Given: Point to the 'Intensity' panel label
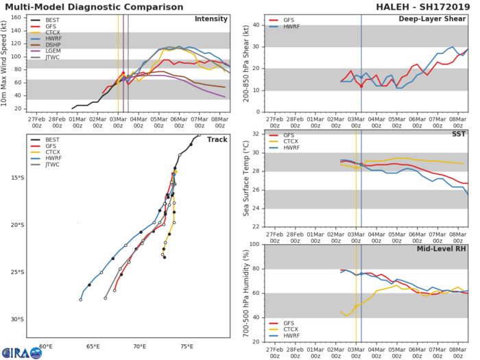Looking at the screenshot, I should pos(212,19).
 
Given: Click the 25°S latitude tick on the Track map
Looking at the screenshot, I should pos(18,272).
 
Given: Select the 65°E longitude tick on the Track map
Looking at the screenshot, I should pos(93,346).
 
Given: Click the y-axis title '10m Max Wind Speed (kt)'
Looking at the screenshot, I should pos(5,62).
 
